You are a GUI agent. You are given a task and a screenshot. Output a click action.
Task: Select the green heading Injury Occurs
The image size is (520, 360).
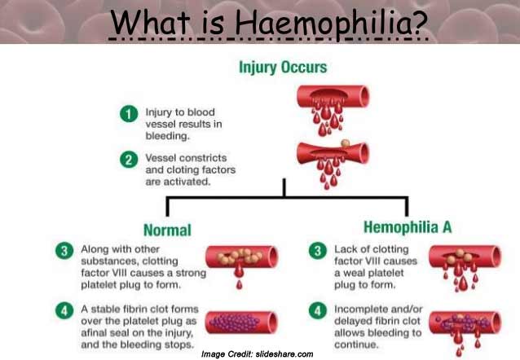pos(283,68)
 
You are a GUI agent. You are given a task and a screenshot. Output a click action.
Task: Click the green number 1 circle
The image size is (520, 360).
pos(129,114)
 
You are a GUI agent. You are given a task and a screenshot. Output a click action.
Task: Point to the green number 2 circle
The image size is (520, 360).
pos(129,160)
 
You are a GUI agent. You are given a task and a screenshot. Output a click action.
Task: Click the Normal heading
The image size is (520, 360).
pos(167,230)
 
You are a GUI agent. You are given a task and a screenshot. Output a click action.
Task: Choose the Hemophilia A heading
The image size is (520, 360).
pos(408,227)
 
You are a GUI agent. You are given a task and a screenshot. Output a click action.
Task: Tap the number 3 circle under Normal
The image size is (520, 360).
pos(64,250)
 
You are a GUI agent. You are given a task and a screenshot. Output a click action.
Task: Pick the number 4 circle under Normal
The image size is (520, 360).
pos(64,310)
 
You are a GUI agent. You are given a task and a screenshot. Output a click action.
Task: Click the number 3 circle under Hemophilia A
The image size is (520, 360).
pos(318,250)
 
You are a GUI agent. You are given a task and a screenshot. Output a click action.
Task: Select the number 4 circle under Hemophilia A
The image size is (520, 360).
pos(318,310)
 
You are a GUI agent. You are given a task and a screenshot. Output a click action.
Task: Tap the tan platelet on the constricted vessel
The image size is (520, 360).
pos(346,143)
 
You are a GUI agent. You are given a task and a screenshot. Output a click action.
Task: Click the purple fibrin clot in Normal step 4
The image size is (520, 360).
pos(235,323)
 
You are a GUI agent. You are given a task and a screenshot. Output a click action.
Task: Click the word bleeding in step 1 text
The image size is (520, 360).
pos(167,136)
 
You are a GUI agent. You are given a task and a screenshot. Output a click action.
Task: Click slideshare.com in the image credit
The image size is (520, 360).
pos(284,354)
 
